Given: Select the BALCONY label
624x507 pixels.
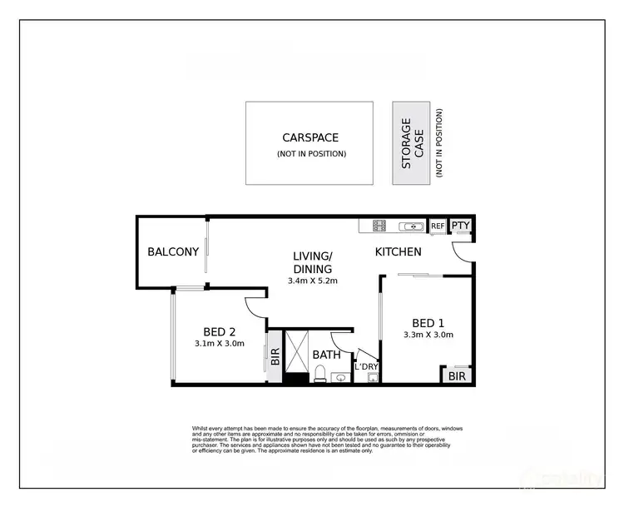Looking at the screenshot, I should pos(173,251).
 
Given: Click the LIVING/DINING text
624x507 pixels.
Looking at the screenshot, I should pos(312,262).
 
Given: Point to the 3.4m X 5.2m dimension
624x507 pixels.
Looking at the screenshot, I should pos(312,281).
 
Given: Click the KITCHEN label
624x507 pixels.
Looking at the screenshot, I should pos(398,251).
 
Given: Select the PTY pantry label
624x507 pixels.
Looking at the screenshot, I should pos(460,226).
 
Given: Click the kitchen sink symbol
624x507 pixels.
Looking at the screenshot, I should pos(411,226).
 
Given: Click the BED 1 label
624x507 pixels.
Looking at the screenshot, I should pos(429,323).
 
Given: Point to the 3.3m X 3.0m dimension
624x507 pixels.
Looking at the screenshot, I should pos(429,336).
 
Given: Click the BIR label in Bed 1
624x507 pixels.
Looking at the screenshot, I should pos(457,376).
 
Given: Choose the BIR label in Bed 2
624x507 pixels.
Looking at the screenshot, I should pos(275,357).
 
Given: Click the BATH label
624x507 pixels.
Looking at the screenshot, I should pos(327,355).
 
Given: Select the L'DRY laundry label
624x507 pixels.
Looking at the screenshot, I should pos(366,366).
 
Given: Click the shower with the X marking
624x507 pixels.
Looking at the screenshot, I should pos(296,353).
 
